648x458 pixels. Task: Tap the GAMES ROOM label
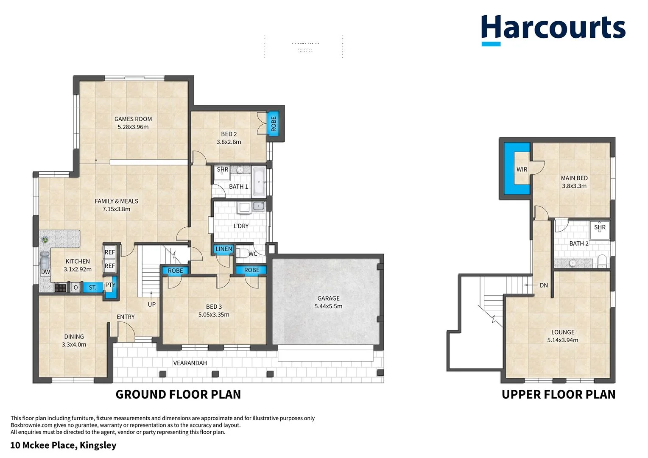point(133,119)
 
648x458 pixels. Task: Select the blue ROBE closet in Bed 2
point(274,123)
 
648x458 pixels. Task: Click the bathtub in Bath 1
point(259,182)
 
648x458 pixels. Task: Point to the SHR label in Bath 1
point(222,170)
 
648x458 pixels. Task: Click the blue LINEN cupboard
point(223,249)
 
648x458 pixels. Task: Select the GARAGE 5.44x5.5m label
point(328,302)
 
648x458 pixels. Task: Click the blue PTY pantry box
point(110,285)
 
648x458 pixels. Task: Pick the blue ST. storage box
point(92,288)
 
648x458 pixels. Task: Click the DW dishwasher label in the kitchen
point(45,272)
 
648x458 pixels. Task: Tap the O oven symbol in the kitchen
point(75,288)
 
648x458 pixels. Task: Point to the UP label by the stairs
point(152,304)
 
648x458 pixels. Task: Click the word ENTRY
point(126,317)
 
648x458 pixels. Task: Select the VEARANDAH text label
point(190,363)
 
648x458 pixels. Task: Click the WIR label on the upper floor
point(522,170)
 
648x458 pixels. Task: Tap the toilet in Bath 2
point(602,260)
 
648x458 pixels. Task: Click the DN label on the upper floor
point(544,285)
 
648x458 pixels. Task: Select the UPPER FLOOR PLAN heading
point(558,394)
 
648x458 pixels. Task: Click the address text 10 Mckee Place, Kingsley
point(63,445)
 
